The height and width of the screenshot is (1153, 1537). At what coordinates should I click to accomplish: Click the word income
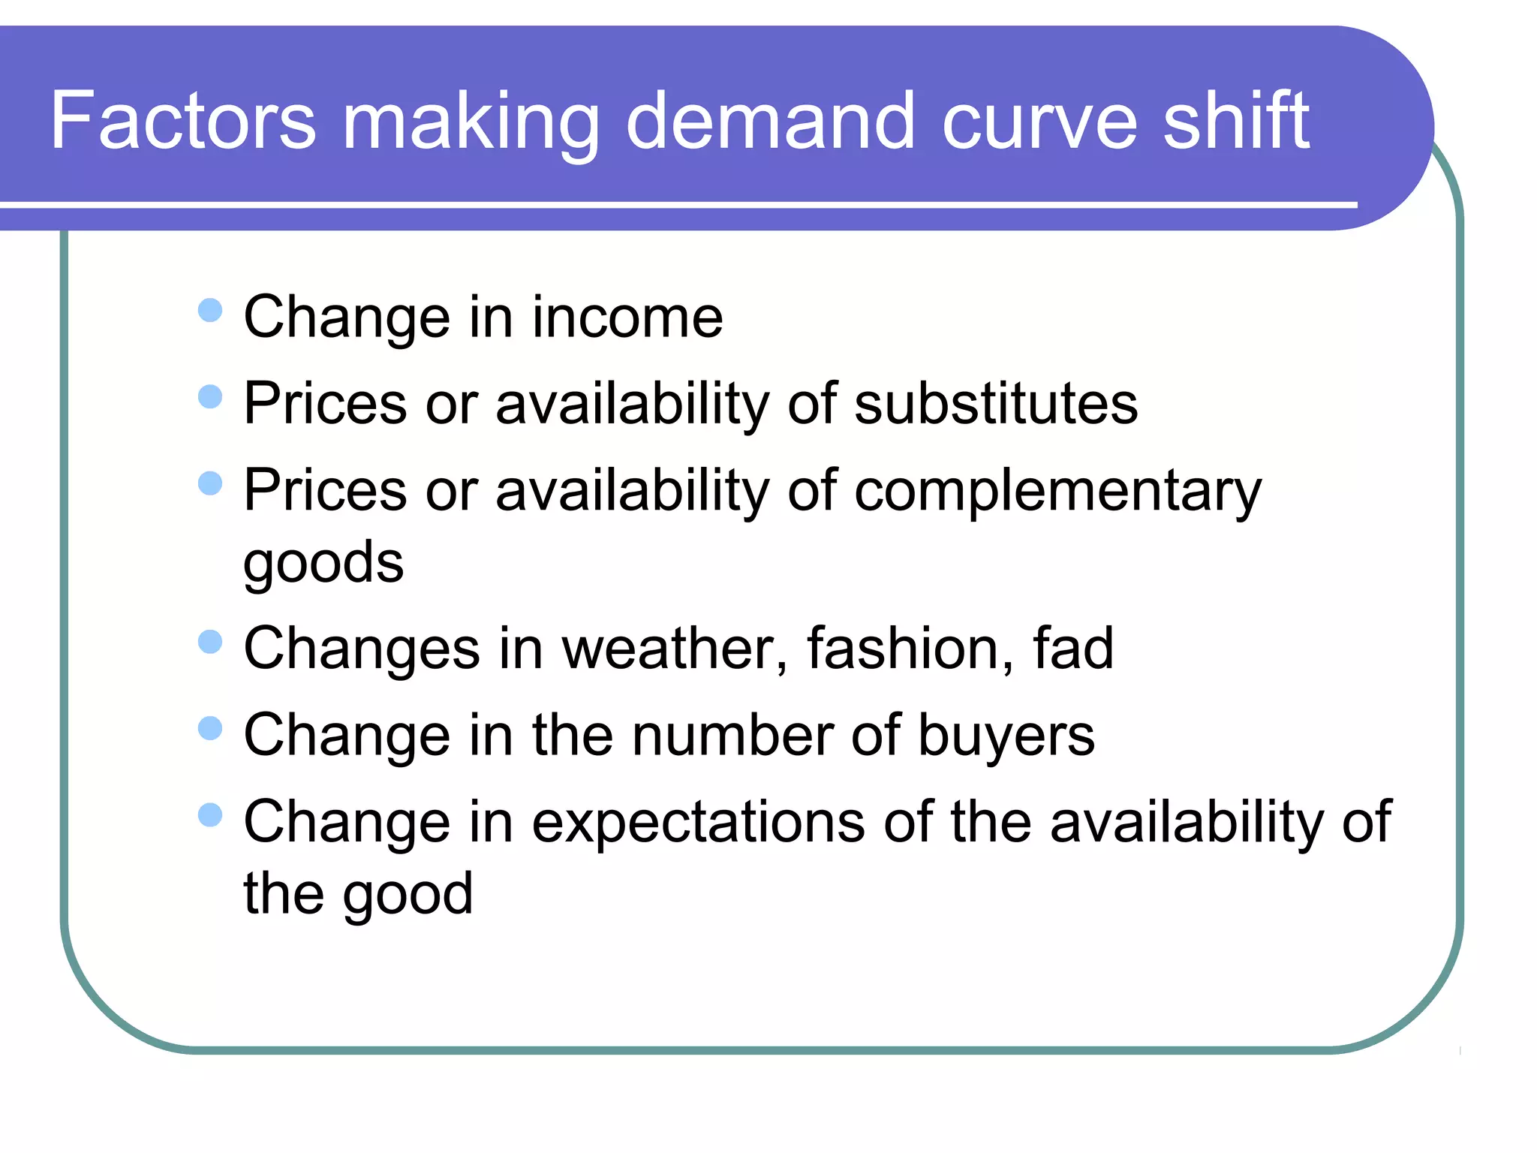(x=627, y=317)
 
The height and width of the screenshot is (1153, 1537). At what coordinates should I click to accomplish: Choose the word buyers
(x=1006, y=736)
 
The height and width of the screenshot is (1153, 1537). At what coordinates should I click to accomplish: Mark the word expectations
(x=698, y=823)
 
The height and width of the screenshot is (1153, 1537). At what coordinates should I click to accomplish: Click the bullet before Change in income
(x=210, y=310)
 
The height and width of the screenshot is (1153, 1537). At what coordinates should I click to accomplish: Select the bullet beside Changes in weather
(x=210, y=642)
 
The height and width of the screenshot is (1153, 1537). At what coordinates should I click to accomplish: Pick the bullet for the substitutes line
(x=210, y=396)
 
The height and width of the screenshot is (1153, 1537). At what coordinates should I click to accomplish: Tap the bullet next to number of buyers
(x=210, y=728)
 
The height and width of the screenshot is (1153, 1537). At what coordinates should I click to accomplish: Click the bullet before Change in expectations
(x=210, y=815)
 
